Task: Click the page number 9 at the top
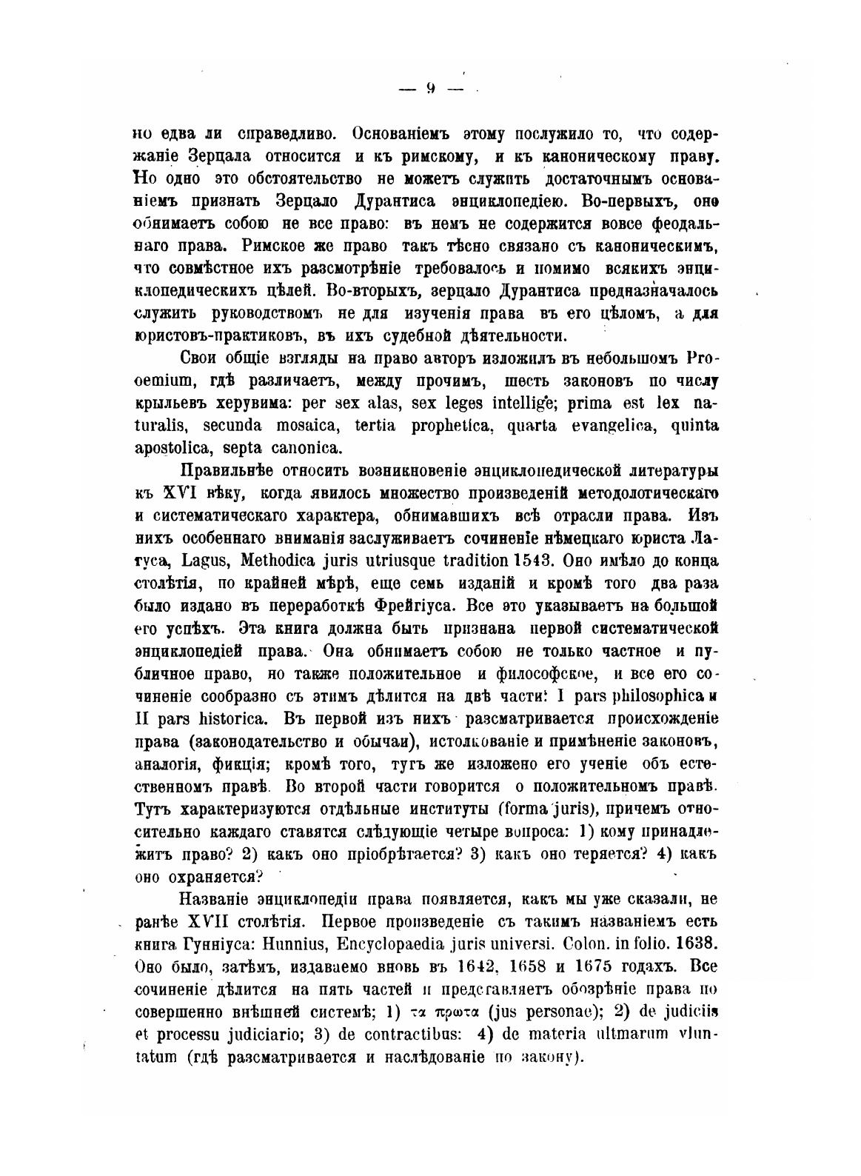[430, 89]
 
